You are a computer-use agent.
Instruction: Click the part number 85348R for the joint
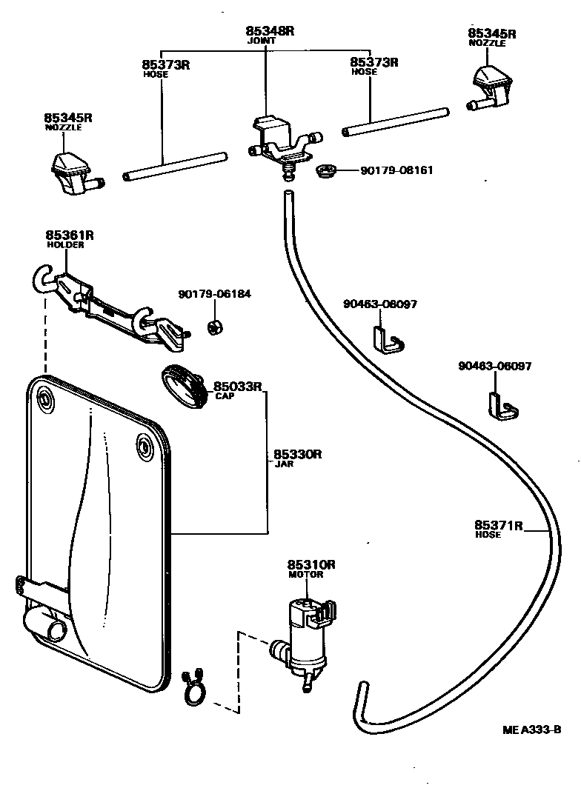coord(270,31)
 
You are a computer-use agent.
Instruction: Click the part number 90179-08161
coord(396,170)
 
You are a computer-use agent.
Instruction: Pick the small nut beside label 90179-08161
coord(325,173)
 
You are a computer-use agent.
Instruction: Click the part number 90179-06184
coord(214,294)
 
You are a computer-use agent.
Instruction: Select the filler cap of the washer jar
coord(185,385)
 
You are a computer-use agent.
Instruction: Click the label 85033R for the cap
coord(239,386)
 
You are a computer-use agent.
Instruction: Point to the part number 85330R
coord(297,454)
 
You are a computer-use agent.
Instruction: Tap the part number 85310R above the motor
coord(311,564)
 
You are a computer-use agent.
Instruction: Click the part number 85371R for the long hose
coord(499,526)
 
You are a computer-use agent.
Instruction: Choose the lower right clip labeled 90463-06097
coord(500,404)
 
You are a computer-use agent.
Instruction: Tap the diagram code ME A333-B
coord(531,730)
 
